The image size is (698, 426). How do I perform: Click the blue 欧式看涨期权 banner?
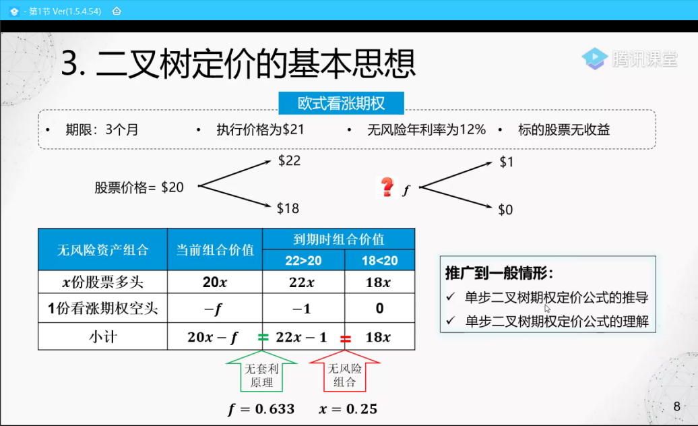pyautogui.click(x=341, y=103)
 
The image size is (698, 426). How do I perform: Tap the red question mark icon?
pyautogui.click(x=387, y=187)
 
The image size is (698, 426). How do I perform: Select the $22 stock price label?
pyautogui.click(x=289, y=160)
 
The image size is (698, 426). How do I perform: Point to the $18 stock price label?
pyautogui.click(x=288, y=208)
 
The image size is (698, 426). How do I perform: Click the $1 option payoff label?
pyautogui.click(x=507, y=162)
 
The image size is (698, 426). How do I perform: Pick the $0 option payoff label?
pyautogui.click(x=506, y=210)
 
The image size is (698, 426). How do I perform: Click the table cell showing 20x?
pyautogui.click(x=214, y=282)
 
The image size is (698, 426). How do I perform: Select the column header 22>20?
pyautogui.click(x=303, y=260)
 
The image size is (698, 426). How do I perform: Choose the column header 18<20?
pyautogui.click(x=379, y=260)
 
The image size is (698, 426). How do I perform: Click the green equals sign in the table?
pyautogui.click(x=263, y=338)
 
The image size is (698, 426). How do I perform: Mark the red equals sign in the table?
pyautogui.click(x=346, y=339)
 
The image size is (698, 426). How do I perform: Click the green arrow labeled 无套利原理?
pyautogui.click(x=261, y=371)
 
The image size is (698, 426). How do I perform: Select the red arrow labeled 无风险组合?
pyautogui.click(x=344, y=371)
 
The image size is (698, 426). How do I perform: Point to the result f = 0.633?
pyautogui.click(x=261, y=408)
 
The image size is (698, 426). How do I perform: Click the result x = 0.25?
pyautogui.click(x=348, y=408)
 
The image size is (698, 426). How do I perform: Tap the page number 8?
pyautogui.click(x=676, y=406)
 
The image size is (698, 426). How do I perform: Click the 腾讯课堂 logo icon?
pyautogui.click(x=594, y=59)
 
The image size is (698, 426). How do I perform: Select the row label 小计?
pyautogui.click(x=103, y=336)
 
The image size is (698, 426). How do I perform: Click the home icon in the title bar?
pyautogui.click(x=117, y=11)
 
